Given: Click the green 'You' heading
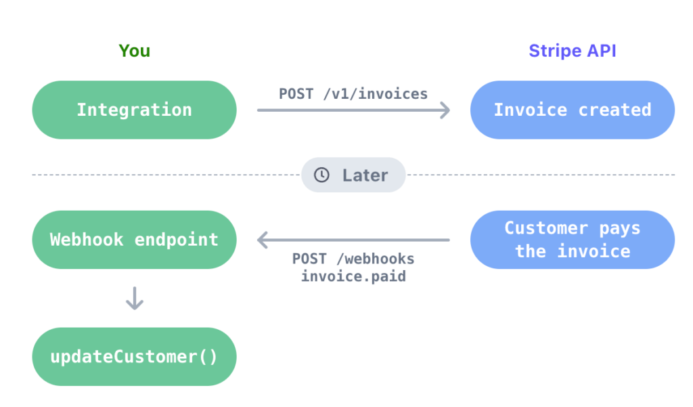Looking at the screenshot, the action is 135,51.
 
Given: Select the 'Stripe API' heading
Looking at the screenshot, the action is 573,51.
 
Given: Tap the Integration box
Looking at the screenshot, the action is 135,110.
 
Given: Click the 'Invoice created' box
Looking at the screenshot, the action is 573,110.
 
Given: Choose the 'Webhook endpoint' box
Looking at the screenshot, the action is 135,240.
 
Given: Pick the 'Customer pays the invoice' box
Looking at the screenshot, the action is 573,240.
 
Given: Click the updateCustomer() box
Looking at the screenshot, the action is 135,357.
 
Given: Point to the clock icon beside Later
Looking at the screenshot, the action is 321,175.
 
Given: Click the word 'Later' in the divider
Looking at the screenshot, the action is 365,175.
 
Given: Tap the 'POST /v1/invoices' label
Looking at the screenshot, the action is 353,93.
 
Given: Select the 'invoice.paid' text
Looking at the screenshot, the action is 353,276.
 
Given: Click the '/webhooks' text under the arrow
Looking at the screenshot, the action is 375,259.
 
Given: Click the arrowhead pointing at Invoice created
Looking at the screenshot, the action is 445,110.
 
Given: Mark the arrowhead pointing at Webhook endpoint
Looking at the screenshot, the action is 263,240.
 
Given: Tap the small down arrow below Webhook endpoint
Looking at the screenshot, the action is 135,298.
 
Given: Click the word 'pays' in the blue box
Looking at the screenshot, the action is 619,228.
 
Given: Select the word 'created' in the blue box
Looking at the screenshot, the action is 614,110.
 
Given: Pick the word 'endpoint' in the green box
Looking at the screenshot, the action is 177,240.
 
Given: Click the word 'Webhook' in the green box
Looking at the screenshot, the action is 87,240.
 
